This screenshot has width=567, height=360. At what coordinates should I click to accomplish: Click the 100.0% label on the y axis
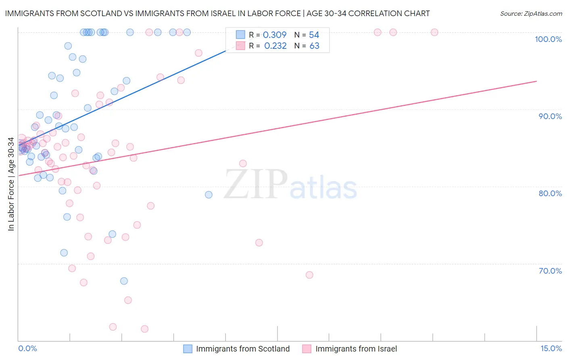click(x=548, y=39)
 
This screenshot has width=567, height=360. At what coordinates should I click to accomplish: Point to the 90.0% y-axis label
click(x=550, y=116)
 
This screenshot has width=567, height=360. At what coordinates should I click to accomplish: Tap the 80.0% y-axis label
click(x=550, y=193)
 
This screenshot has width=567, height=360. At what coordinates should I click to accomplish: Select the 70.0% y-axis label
click(x=550, y=271)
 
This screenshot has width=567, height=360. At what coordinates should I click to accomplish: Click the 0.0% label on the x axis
click(x=27, y=348)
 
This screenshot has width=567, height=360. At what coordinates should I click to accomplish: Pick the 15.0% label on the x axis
click(x=551, y=348)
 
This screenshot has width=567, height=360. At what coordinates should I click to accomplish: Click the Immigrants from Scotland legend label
click(x=243, y=349)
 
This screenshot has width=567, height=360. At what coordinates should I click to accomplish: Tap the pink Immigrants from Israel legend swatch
click(x=307, y=349)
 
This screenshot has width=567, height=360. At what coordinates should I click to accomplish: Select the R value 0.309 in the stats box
click(x=275, y=35)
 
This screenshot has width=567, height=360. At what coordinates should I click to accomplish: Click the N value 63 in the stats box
click(x=314, y=46)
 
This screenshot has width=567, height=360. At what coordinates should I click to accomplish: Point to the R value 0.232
click(x=275, y=46)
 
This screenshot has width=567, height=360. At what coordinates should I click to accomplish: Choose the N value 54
click(x=314, y=35)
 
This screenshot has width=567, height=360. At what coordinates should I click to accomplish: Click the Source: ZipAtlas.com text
click(x=531, y=13)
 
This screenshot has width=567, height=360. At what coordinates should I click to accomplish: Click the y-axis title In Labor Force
click(x=11, y=184)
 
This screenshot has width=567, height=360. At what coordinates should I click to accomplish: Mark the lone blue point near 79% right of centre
click(x=208, y=195)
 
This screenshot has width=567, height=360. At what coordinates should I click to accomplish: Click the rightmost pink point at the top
click(x=434, y=32)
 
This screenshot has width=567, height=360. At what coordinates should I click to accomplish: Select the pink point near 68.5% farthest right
click(x=309, y=275)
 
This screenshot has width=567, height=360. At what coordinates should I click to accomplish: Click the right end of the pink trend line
click(x=536, y=81)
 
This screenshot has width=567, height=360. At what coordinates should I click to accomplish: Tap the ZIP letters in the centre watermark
click(x=256, y=184)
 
